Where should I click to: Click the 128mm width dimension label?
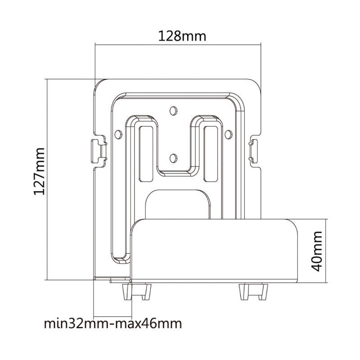pyautogui.click(x=182, y=36)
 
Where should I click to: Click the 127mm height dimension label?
pyautogui.click(x=39, y=171)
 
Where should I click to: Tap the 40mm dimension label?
pyautogui.click(x=317, y=251)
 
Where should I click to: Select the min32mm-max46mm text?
pyautogui.click(x=113, y=324)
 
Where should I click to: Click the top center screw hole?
pyautogui.click(x=173, y=111)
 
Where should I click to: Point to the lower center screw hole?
pyautogui.click(x=173, y=158)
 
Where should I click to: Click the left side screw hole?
pyautogui.click(x=118, y=135)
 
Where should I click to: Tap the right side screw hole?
pyautogui.click(x=228, y=135)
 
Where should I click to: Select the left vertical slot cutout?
pyautogui.click(x=146, y=153)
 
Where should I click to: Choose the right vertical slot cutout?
pyautogui.click(x=211, y=153)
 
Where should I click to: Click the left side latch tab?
pyautogui.click(x=99, y=151)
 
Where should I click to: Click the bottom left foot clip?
pyautogui.click(x=137, y=292)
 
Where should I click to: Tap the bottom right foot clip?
pyautogui.click(x=253, y=292)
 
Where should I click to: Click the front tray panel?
pyautogui.click(x=214, y=251)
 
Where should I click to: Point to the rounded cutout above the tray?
pyautogui.click(x=178, y=204)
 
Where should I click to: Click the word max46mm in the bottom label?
pyautogui.click(x=148, y=324)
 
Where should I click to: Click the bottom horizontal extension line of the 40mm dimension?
pyautogui.click(x=313, y=283)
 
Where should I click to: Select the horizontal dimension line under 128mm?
pyautogui.click(x=178, y=45)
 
